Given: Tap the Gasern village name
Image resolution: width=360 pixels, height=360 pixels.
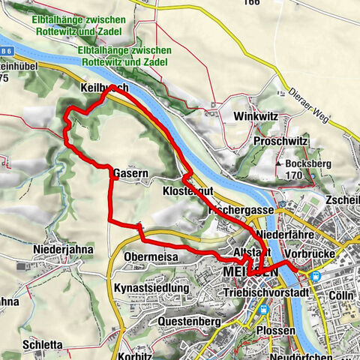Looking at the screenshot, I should (129, 173).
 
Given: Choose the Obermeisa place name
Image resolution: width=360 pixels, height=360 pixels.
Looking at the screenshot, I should (146, 258).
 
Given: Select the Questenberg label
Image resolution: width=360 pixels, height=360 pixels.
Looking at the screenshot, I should (188, 321).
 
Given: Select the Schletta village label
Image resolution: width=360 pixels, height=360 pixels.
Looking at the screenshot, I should (43, 345).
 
